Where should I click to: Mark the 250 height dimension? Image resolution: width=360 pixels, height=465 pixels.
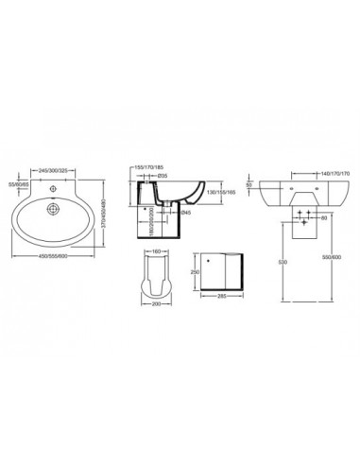point(194,270)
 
